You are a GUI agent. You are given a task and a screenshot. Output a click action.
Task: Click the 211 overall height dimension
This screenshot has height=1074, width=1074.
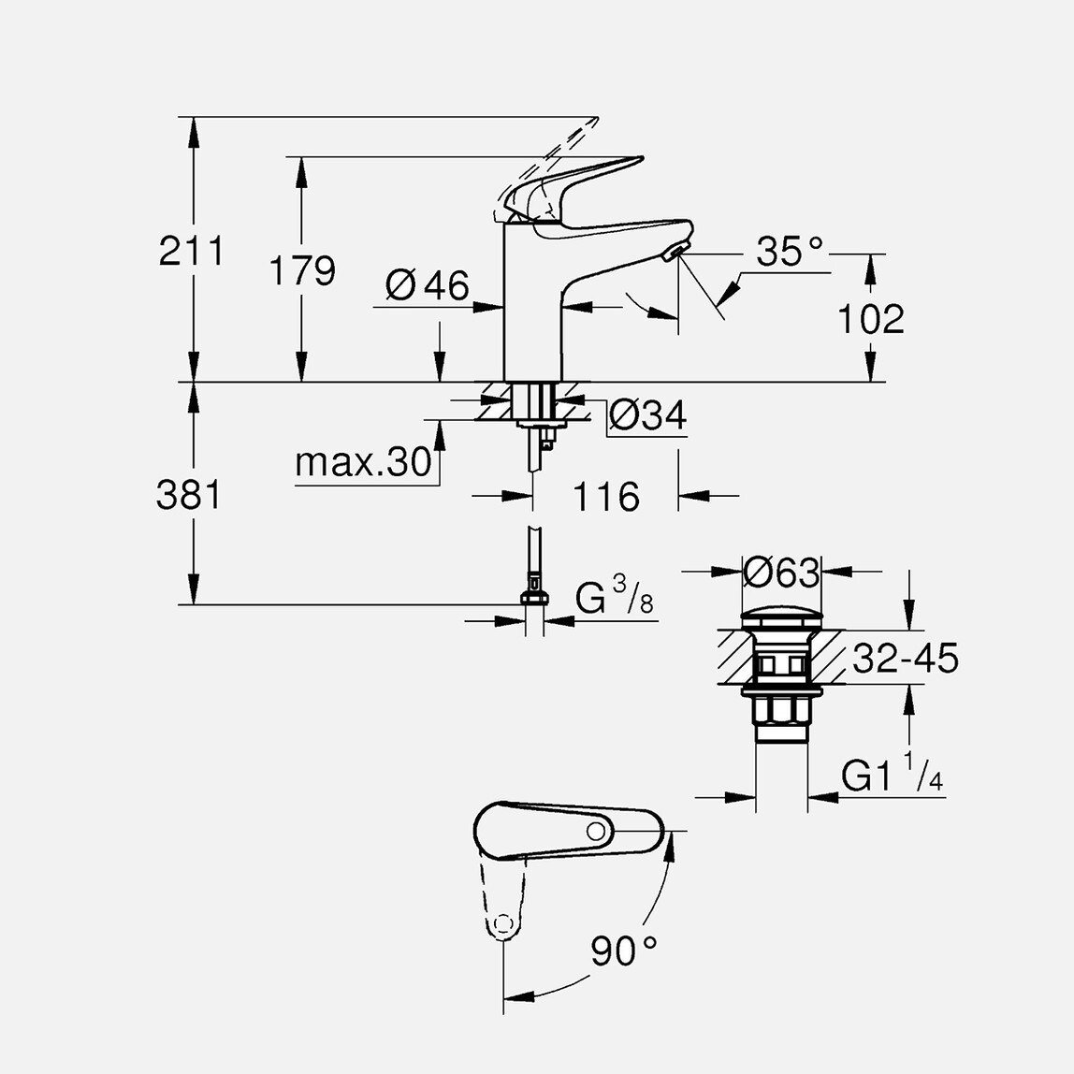[191, 251]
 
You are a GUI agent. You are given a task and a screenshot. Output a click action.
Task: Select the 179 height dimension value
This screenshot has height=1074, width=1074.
[301, 270]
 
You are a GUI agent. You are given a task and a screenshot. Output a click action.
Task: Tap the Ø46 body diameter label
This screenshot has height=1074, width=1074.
[427, 285]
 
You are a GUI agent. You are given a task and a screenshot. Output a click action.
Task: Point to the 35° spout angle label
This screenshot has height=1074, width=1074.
[790, 252]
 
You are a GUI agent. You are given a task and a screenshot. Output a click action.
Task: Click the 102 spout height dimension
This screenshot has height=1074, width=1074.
[870, 319]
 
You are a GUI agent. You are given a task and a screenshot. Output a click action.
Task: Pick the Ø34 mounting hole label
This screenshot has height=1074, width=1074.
[647, 415]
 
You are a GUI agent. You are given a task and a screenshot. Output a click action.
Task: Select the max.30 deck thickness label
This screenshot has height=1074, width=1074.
[363, 462]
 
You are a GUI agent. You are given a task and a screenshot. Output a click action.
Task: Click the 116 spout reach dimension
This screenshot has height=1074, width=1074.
[605, 497]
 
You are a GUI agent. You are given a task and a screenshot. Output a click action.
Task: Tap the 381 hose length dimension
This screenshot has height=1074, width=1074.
[189, 494]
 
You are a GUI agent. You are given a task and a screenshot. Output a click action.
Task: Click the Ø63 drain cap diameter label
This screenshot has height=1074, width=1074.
[781, 572]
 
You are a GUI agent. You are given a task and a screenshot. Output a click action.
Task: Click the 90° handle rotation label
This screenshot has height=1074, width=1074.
[623, 951]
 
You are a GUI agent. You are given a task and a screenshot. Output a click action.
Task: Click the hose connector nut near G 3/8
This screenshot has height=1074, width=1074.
[533, 598]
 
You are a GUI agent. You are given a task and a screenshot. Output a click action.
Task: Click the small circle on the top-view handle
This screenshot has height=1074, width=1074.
[595, 832]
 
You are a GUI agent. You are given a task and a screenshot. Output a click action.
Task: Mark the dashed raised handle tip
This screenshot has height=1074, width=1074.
[580, 128]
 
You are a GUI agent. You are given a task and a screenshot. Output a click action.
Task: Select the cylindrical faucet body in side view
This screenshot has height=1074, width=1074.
[532, 309]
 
